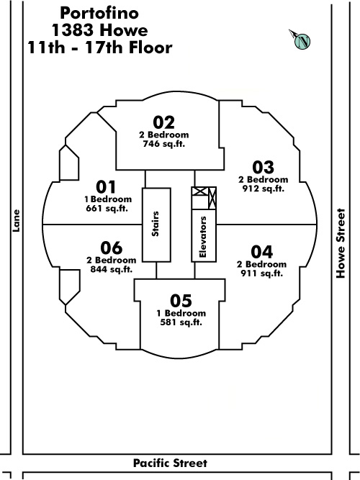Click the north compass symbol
tap(301, 40)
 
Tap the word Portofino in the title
tap(99, 13)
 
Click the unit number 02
tap(164, 122)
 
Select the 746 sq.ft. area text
tap(164, 144)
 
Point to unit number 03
tap(264, 168)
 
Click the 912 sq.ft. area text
tap(264, 189)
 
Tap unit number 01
tap(106, 187)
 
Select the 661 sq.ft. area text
tap(107, 209)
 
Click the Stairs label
tap(156, 224)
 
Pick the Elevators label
tap(203, 237)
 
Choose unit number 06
tap(112, 248)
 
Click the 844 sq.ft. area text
tap(112, 269)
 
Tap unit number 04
tap(261, 253)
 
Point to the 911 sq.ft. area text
tap(261, 273)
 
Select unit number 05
tap(181, 301)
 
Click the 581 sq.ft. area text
tap(181, 322)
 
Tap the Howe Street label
tap(341, 243)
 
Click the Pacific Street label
tap(171, 463)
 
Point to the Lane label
tap(16, 221)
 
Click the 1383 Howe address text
tap(99, 30)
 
